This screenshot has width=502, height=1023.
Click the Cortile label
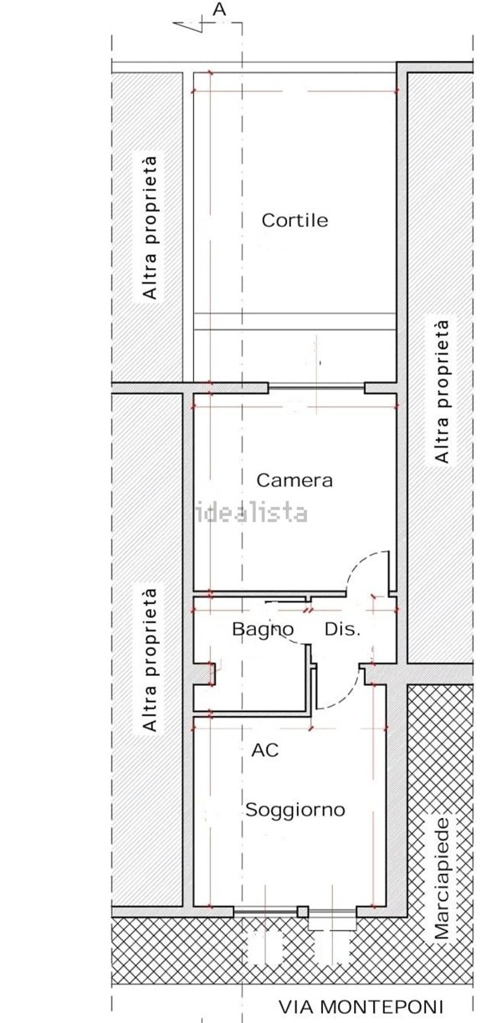[295, 221]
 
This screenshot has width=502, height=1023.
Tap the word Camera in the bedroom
[295, 481]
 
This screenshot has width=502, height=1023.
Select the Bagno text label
[263, 629]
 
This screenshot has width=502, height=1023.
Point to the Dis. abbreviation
[341, 629]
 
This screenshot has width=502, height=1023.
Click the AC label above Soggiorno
[264, 750]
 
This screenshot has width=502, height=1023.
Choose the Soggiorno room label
[295, 811]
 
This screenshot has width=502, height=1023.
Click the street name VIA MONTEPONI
[372, 1007]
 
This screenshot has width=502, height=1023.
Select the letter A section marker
[220, 9]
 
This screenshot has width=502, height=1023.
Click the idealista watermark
[251, 513]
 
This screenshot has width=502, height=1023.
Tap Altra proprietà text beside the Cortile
[150, 228]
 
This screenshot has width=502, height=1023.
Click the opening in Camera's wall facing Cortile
[316, 387]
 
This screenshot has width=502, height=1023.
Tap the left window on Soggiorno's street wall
[266, 913]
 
